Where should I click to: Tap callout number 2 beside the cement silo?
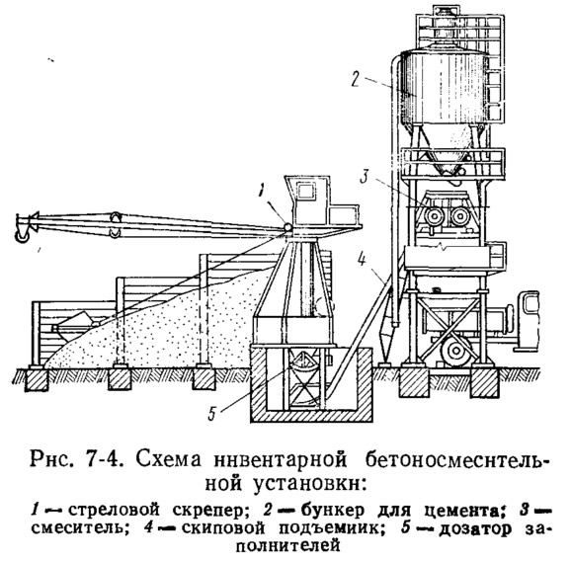click(356, 79)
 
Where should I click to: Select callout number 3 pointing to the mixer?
click(366, 177)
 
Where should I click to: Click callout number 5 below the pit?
click(212, 414)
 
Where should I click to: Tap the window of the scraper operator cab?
click(305, 192)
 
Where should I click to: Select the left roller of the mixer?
click(434, 216)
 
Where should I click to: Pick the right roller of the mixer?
click(459, 216)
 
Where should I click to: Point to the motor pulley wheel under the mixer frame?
click(454, 352)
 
